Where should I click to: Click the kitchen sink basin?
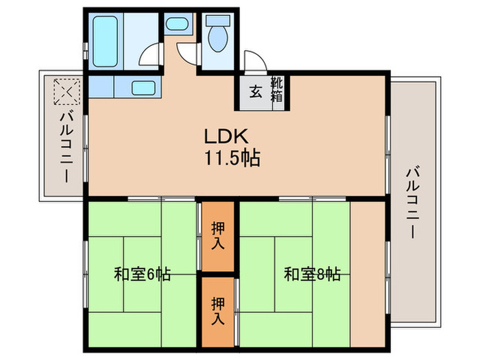(143, 88)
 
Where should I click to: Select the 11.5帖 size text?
(230, 160)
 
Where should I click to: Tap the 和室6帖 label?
(142, 276)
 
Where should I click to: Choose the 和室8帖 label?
(312, 275)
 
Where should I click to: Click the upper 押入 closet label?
(218, 236)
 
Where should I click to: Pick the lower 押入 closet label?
(218, 309)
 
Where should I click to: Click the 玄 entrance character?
(255, 92)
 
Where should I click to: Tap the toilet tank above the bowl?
(217, 21)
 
